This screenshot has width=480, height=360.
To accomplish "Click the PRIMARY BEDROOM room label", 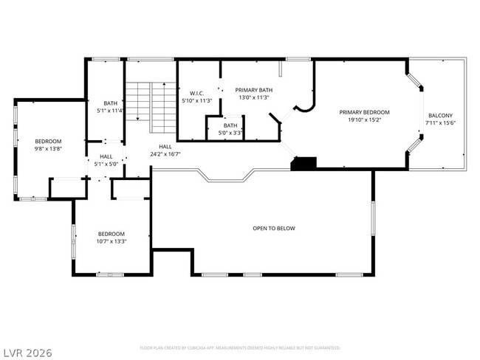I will point(364,112).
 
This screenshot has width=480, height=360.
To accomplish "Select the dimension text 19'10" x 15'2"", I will point(364,120).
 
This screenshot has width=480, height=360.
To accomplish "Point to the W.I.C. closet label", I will point(196,93).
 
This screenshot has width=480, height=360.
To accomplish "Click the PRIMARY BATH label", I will point(253,89).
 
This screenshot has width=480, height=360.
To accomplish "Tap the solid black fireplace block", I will point(303,163).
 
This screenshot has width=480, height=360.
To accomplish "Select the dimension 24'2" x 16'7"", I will point(165,154).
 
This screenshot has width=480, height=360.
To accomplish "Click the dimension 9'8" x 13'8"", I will point(48,148).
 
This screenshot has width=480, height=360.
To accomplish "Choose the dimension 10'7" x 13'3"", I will point(112,240).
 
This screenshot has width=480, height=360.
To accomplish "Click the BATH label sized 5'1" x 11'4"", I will point(110,103).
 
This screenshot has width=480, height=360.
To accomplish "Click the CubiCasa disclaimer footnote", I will point(239,347).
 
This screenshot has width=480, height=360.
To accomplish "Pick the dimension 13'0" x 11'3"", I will point(253,97).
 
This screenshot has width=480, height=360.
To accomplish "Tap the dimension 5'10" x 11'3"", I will point(196,101).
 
